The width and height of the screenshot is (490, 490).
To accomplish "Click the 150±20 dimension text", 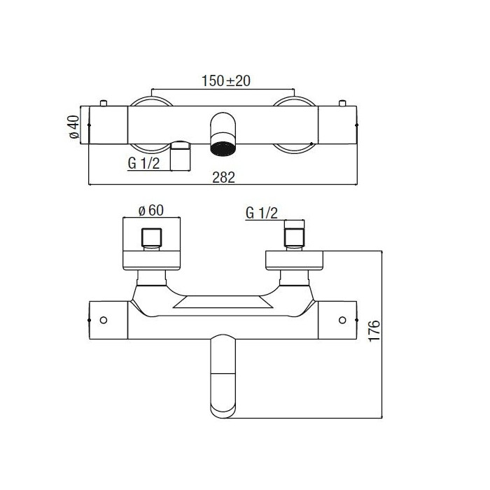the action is click(x=226, y=81).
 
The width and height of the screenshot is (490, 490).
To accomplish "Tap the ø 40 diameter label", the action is click(x=74, y=127).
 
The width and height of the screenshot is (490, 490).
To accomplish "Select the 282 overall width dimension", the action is click(x=223, y=177).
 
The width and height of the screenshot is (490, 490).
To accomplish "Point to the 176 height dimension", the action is click(x=374, y=330).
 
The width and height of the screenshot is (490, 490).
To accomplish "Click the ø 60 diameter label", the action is click(x=151, y=210).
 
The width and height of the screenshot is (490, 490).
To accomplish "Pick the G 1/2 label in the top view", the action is click(x=143, y=163).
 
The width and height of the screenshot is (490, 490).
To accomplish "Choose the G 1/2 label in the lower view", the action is click(x=262, y=213).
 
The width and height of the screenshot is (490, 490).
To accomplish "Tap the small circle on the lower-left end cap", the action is click(x=104, y=320).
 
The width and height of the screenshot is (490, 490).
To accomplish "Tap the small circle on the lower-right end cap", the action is click(x=342, y=320).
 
